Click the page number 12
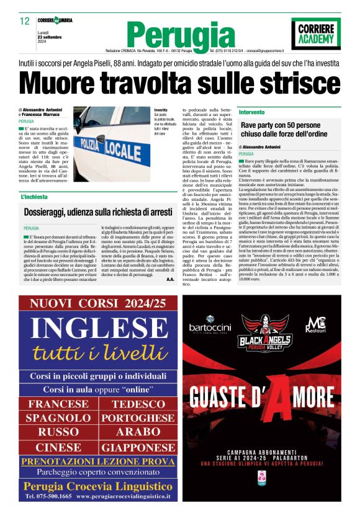(x=25, y=21)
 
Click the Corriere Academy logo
(x=316, y=33)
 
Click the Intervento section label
(x=252, y=112)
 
